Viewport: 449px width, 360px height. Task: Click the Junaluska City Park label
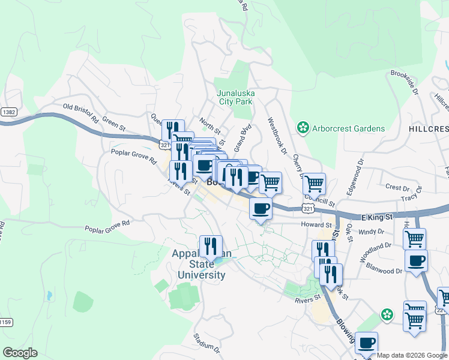pyautogui.click(x=235, y=97)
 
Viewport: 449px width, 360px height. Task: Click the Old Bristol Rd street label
pyautogui.click(x=80, y=112)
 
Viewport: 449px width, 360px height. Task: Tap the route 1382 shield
pyautogui.click(x=8, y=112)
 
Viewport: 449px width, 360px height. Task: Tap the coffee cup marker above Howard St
pyautogui.click(x=261, y=209)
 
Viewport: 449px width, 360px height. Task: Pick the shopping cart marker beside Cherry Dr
pyautogui.click(x=314, y=183)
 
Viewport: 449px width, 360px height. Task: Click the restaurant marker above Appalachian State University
pyautogui.click(x=211, y=246)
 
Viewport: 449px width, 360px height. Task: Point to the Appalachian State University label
pyautogui.click(x=199, y=264)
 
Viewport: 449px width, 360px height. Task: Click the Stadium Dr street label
pyautogui.click(x=206, y=343)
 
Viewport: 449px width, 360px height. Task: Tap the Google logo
pyautogui.click(x=19, y=352)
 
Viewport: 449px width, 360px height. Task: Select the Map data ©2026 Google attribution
pyautogui.click(x=412, y=355)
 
